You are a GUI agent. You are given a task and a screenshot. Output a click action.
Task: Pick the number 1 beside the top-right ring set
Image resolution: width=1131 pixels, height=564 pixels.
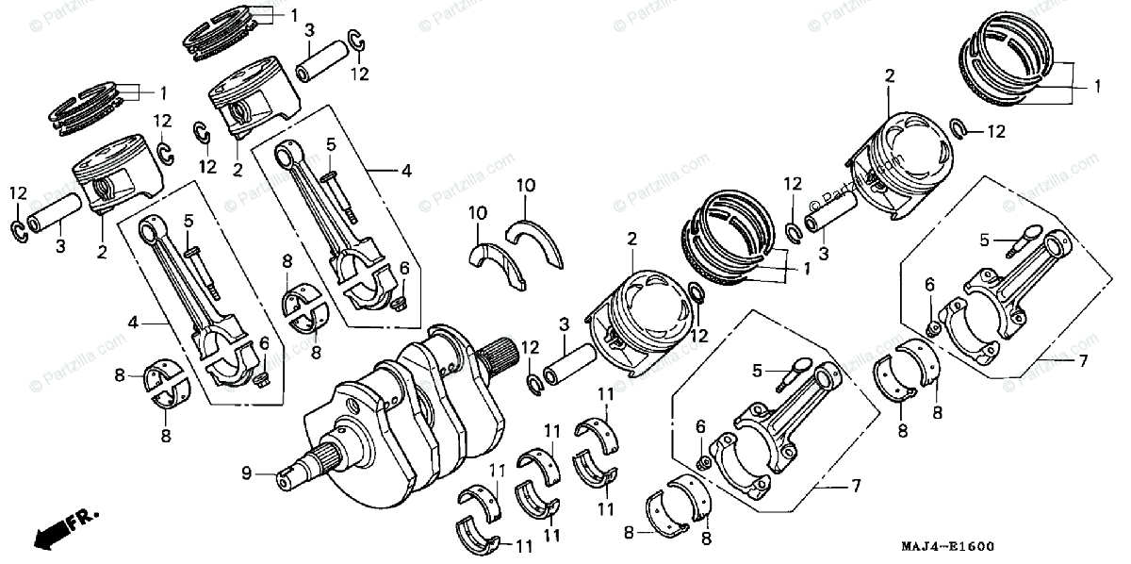[1096, 86]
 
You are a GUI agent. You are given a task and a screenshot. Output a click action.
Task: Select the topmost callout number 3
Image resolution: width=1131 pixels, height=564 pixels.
[308, 32]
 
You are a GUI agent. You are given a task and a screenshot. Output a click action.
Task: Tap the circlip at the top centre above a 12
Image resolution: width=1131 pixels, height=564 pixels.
[356, 40]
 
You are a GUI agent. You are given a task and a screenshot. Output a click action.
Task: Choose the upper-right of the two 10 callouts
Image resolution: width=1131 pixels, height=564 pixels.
[526, 185]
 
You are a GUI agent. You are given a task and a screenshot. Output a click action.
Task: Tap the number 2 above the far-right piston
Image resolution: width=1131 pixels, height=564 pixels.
[888, 76]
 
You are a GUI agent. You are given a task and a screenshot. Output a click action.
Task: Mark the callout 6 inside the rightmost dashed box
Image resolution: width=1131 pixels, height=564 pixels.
[929, 284]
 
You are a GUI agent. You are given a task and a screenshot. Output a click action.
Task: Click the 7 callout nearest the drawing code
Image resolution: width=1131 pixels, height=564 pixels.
[856, 486]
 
